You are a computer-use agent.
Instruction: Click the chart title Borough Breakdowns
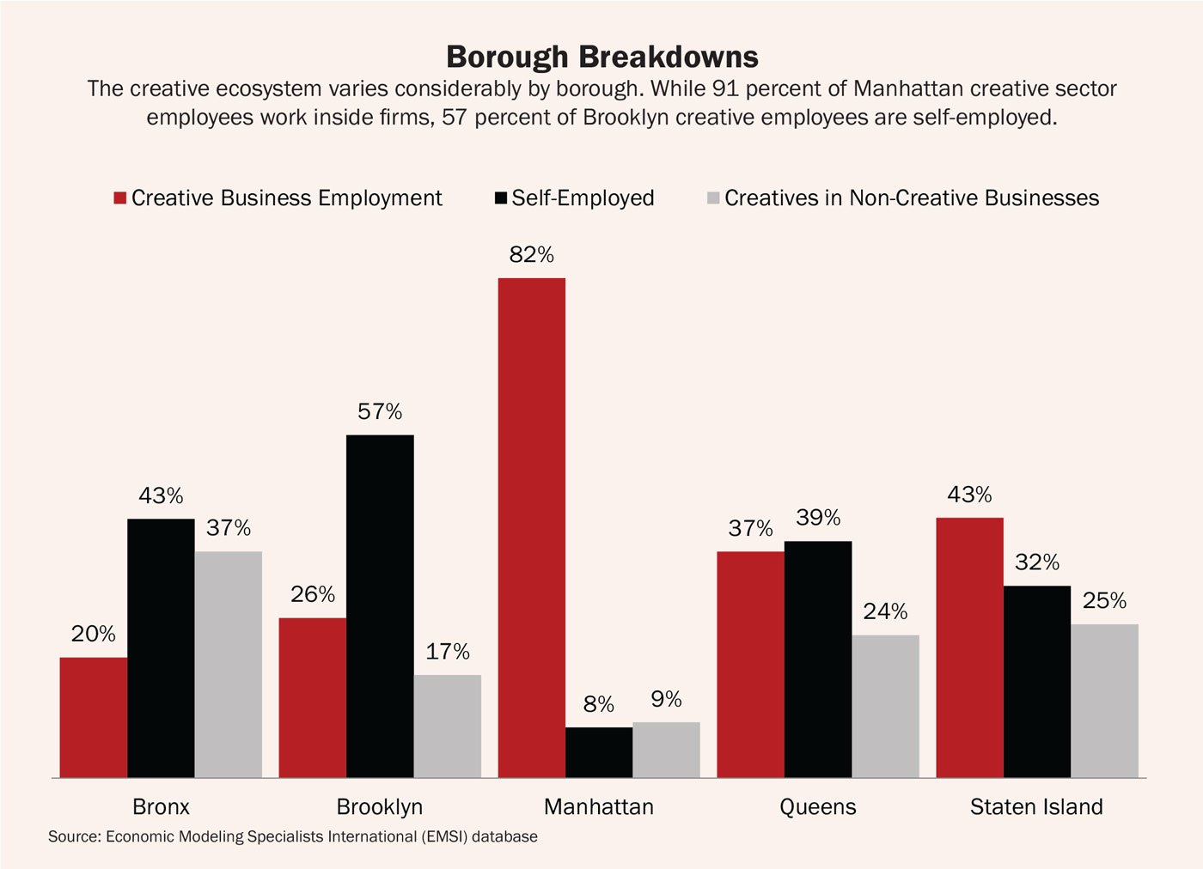point(601,57)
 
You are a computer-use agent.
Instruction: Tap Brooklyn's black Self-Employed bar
point(380,605)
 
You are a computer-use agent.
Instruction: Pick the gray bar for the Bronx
point(229,664)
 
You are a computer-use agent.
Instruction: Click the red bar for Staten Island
point(969,647)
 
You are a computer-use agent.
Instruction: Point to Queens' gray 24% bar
point(885,706)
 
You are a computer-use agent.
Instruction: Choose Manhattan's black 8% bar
point(599,752)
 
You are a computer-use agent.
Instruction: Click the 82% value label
point(532,255)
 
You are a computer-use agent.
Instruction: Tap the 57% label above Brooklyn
point(380,412)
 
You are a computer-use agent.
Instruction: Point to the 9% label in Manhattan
point(666,700)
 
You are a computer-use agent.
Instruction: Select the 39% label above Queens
point(818,518)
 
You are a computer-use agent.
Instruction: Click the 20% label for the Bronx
point(93,635)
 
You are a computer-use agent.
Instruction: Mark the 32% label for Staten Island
point(1037,562)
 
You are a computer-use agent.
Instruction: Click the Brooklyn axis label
point(380,807)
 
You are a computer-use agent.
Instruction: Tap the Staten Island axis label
point(1036,807)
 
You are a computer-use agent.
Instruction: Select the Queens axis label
point(818,807)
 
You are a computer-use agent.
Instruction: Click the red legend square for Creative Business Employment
point(120,198)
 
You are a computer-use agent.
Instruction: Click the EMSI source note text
point(293,836)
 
